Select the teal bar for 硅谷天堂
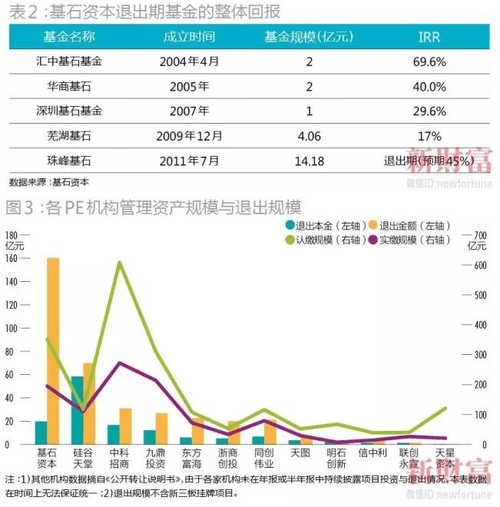(77, 410)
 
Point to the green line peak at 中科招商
(120, 263)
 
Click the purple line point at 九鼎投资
(156, 380)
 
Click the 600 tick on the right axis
(478, 265)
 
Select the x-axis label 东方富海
(192, 458)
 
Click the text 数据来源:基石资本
(49, 183)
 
